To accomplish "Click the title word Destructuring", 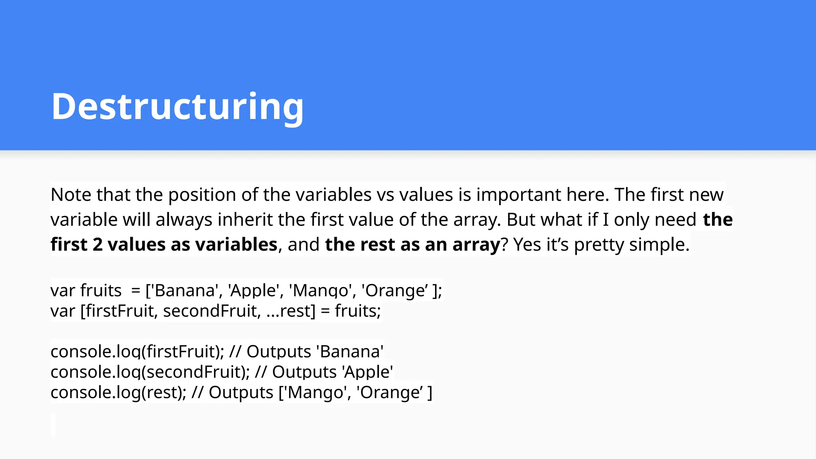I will point(177,106).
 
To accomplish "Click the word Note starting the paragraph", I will point(71,195).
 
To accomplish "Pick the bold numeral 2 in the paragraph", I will point(98,245).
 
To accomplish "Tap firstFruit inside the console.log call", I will point(183,352).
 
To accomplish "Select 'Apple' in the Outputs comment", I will point(367,372).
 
